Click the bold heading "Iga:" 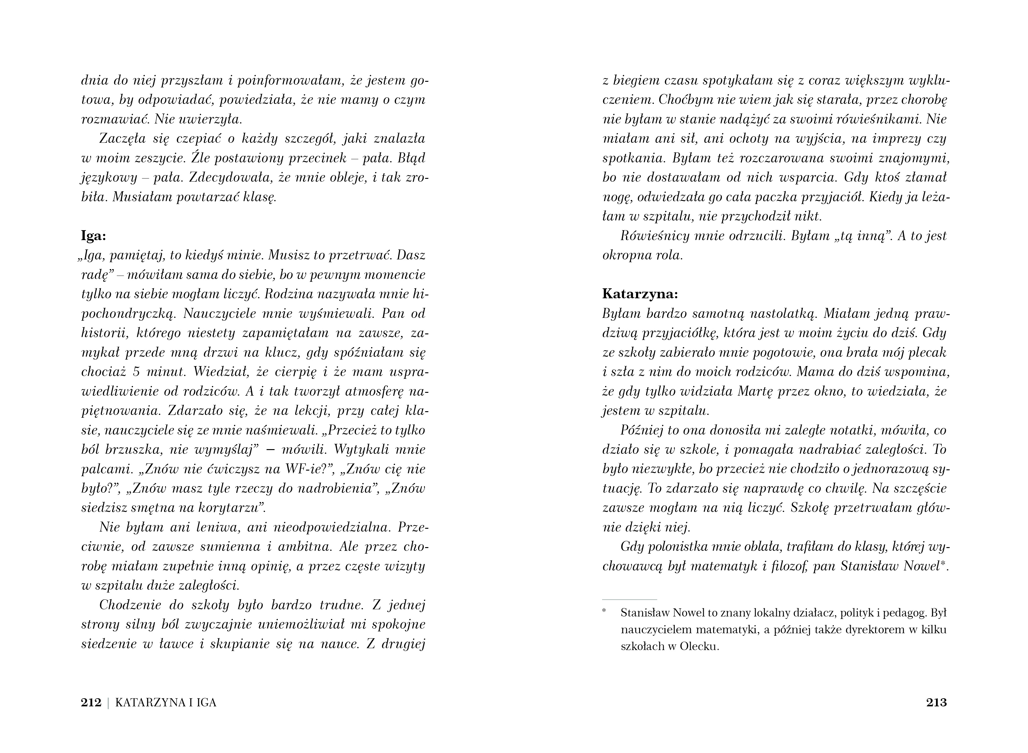(93, 236)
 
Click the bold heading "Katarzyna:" (640, 294)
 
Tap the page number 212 (91, 702)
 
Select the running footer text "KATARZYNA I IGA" (166, 702)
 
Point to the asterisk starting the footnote (605, 611)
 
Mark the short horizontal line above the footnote (629, 599)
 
